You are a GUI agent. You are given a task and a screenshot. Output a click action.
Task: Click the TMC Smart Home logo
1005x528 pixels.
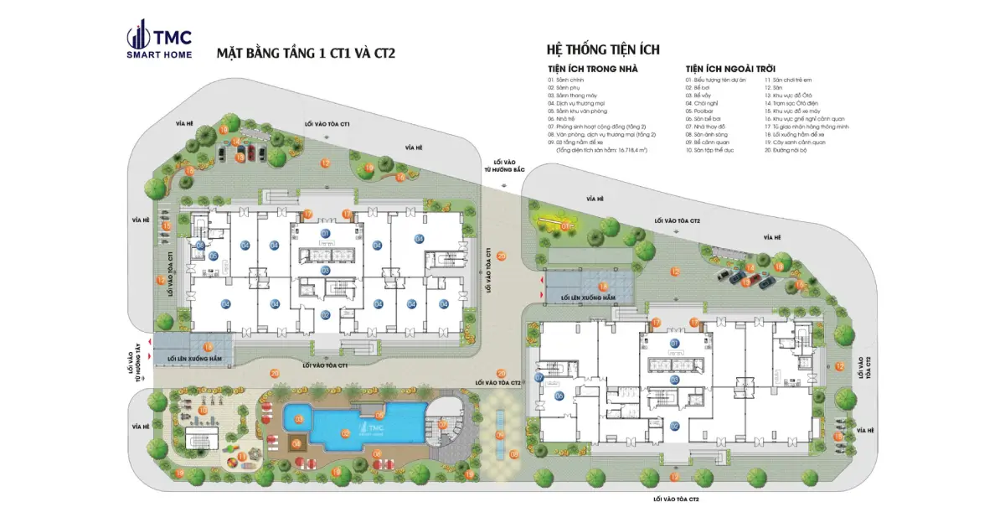click(159, 42)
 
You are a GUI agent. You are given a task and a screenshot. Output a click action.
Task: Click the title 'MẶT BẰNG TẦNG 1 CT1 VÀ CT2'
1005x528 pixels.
click(306, 54)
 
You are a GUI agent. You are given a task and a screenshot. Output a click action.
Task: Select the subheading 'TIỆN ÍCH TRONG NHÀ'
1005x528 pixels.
click(592, 69)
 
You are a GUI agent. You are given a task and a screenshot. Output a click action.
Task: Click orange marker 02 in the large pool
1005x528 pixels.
click(345, 433)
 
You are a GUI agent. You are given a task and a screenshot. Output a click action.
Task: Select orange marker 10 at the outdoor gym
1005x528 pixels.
click(203, 411)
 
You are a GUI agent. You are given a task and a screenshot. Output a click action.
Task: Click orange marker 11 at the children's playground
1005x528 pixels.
click(242, 457)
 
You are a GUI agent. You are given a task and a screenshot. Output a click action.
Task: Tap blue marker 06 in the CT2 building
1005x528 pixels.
click(559, 396)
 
